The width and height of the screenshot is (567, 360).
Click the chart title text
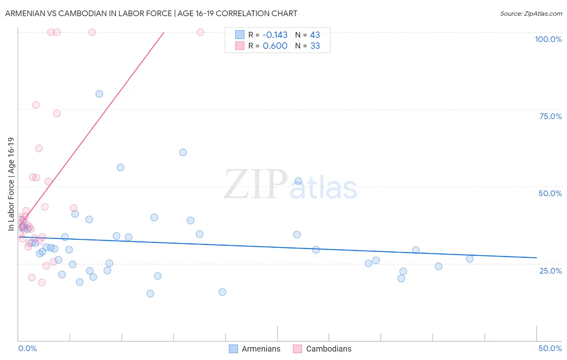coord(151,13)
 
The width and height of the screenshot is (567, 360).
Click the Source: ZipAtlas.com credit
coord(531,13)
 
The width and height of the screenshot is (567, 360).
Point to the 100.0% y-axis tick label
coord(548,39)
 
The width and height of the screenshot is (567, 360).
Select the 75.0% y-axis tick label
coord(550,116)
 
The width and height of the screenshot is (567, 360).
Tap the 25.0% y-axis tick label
coord(550,271)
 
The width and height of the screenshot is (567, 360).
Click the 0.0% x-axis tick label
coord(27,348)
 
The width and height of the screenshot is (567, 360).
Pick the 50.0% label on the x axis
coord(550,348)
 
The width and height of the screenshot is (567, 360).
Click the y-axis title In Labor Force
coord(11,184)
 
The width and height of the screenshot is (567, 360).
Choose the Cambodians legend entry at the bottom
coord(322,349)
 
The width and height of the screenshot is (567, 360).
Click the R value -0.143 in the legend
coord(275,35)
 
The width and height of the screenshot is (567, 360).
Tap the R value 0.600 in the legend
coord(275,46)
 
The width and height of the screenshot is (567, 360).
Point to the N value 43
coord(315,35)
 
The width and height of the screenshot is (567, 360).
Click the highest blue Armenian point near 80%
coord(99,94)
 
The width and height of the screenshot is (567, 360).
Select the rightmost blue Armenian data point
coord(470,259)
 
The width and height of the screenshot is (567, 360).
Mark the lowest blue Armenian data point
coord(150,293)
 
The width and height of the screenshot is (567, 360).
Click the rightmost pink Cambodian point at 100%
coord(200,32)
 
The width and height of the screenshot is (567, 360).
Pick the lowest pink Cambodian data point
coord(42,283)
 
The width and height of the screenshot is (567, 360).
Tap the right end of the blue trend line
coord(536,257)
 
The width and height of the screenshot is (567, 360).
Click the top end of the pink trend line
coord(164,32)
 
